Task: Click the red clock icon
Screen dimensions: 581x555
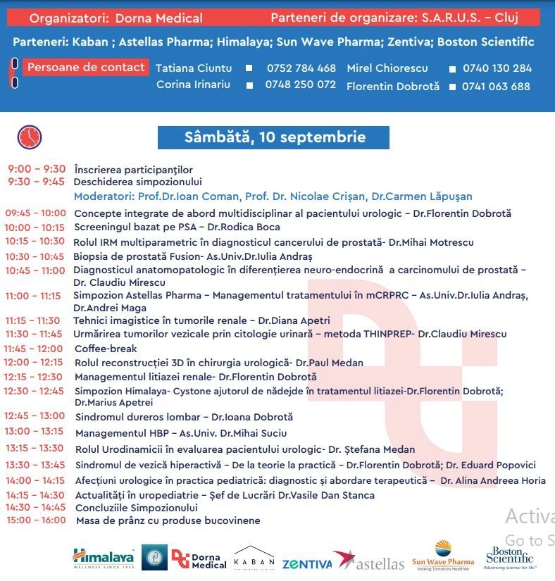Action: click(x=30, y=137)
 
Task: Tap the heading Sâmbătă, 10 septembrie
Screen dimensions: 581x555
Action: click(x=274, y=137)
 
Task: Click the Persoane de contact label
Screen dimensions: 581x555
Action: click(x=86, y=68)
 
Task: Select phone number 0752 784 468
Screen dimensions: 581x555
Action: click(x=301, y=68)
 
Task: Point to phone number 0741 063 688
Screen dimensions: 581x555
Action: click(x=496, y=87)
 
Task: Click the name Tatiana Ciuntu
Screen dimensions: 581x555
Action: click(x=194, y=68)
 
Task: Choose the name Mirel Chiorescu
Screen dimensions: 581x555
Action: click(x=387, y=68)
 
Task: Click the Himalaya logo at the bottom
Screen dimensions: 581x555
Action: click(x=104, y=558)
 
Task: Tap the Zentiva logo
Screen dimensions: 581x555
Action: click(x=306, y=564)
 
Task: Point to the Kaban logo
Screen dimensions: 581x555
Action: click(x=254, y=558)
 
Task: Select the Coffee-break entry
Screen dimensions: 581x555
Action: click(x=106, y=349)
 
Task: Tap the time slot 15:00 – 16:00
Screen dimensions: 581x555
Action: click(x=36, y=520)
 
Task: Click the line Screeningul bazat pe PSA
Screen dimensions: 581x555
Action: click(x=177, y=227)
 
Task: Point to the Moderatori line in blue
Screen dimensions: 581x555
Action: click(x=273, y=196)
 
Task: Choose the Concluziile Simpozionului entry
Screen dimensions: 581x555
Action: click(x=137, y=508)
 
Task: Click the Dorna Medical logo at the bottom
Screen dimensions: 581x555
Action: click(x=200, y=558)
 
